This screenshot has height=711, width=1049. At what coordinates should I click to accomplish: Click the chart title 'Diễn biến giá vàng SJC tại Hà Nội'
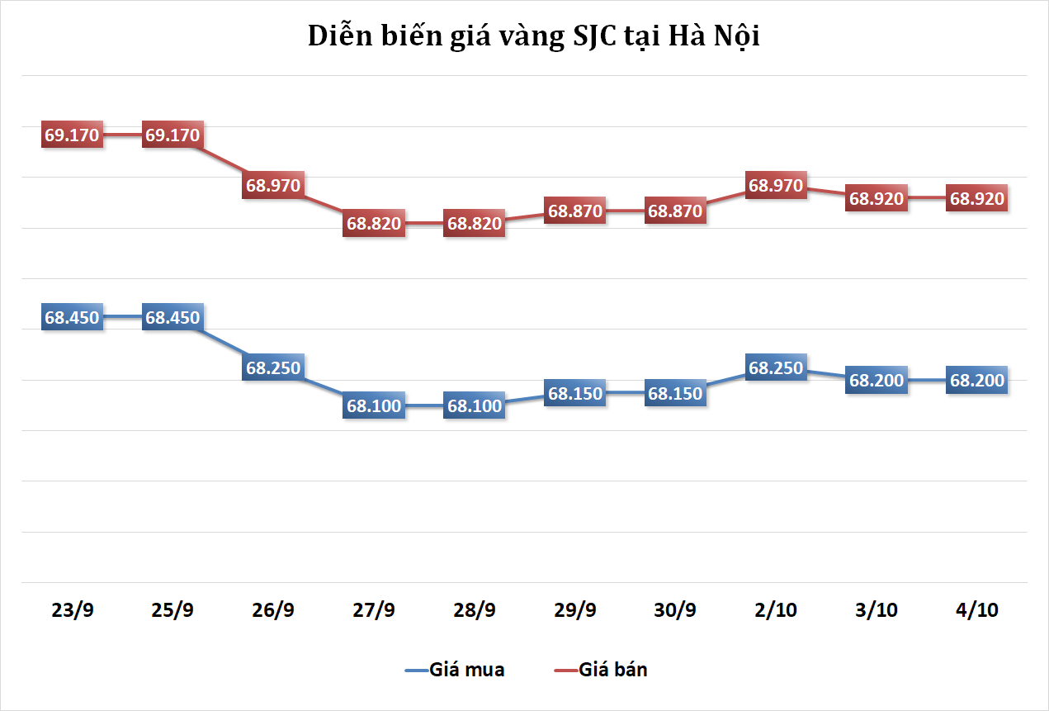pyautogui.click(x=533, y=37)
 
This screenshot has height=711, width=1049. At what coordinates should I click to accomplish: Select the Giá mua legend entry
pyautogui.click(x=455, y=670)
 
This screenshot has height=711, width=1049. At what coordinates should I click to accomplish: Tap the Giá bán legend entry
pyautogui.click(x=601, y=670)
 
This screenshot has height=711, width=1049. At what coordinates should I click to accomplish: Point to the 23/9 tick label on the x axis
pyautogui.click(x=73, y=611)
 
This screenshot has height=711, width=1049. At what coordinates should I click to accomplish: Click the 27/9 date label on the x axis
pyautogui.click(x=374, y=611)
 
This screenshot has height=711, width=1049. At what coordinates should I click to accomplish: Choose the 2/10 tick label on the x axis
pyautogui.click(x=776, y=611)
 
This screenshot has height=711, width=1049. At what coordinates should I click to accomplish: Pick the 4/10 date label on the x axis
pyautogui.click(x=977, y=611)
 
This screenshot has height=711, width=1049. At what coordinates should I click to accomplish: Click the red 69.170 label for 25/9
pyautogui.click(x=172, y=135)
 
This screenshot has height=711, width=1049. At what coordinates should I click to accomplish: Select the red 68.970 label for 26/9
pyautogui.click(x=273, y=186)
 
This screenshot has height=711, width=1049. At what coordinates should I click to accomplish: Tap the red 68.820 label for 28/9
pyautogui.click(x=474, y=224)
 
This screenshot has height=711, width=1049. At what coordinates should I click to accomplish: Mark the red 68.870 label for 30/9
pyautogui.click(x=675, y=211)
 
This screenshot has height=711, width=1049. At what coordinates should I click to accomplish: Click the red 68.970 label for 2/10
pyautogui.click(x=776, y=186)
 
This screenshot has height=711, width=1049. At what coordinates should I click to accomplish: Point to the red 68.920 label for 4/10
pyautogui.click(x=977, y=198)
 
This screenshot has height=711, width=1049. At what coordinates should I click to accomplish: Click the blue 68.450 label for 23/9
pyautogui.click(x=73, y=317)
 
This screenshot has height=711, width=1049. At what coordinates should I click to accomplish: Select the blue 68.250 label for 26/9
pyautogui.click(x=273, y=368)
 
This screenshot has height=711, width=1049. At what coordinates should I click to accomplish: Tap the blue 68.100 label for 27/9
pyautogui.click(x=374, y=406)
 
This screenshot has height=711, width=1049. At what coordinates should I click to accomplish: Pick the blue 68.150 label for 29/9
pyautogui.click(x=575, y=394)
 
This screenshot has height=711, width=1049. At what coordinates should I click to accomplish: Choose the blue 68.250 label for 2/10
pyautogui.click(x=776, y=368)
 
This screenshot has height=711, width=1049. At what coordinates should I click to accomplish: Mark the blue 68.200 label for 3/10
pyautogui.click(x=877, y=381)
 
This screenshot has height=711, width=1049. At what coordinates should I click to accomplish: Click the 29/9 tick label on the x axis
pyautogui.click(x=575, y=611)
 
